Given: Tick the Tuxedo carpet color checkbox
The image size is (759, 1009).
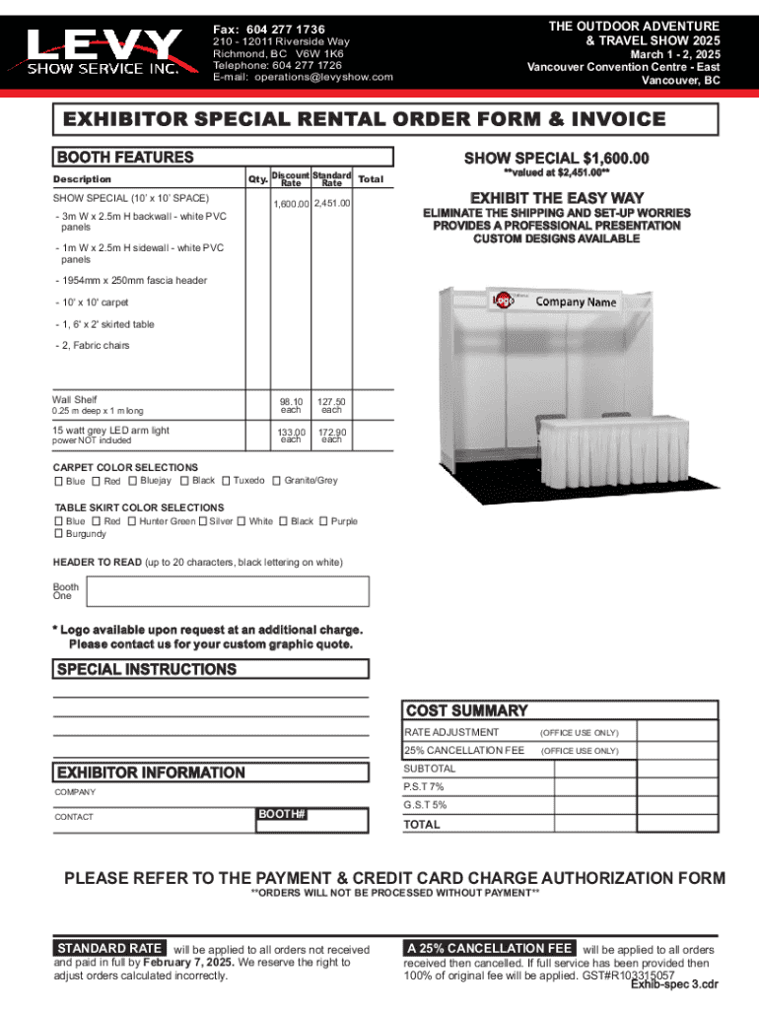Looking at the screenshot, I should point(227,481).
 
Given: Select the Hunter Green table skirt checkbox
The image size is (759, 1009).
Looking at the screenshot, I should point(132,521).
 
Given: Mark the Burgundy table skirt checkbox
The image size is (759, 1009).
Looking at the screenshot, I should point(57,534).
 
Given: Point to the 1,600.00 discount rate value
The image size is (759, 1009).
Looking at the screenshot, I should point(291,203).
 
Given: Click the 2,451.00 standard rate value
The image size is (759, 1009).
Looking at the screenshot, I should point(332,203).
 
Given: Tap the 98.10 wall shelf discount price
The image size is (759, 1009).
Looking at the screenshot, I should point(291,401).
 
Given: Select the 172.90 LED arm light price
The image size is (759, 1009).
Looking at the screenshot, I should point(332,433).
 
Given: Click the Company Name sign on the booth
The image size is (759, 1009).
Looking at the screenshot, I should point(577,302).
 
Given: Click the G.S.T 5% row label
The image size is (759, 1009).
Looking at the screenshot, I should point(426,805).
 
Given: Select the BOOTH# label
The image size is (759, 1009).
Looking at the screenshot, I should point(282,815).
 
